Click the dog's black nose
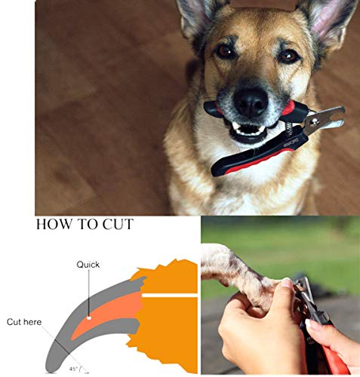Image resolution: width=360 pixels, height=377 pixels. pyautogui.click(x=251, y=100)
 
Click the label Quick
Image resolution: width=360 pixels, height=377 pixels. pyautogui.click(x=88, y=265)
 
